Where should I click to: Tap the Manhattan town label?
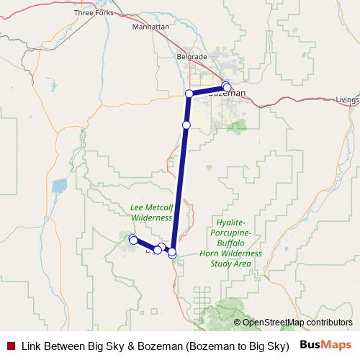(150, 27)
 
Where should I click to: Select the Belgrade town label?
(192, 56)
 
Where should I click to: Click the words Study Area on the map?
(232, 264)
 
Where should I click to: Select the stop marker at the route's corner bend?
(189, 94)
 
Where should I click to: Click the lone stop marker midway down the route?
(186, 125)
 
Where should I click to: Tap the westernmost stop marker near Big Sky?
(132, 239)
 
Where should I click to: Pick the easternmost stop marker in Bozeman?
(228, 87)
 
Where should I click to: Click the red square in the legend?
(10, 345)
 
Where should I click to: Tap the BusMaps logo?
(325, 344)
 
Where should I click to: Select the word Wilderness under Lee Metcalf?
(151, 217)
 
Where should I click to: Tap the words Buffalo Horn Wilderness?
(232, 249)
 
